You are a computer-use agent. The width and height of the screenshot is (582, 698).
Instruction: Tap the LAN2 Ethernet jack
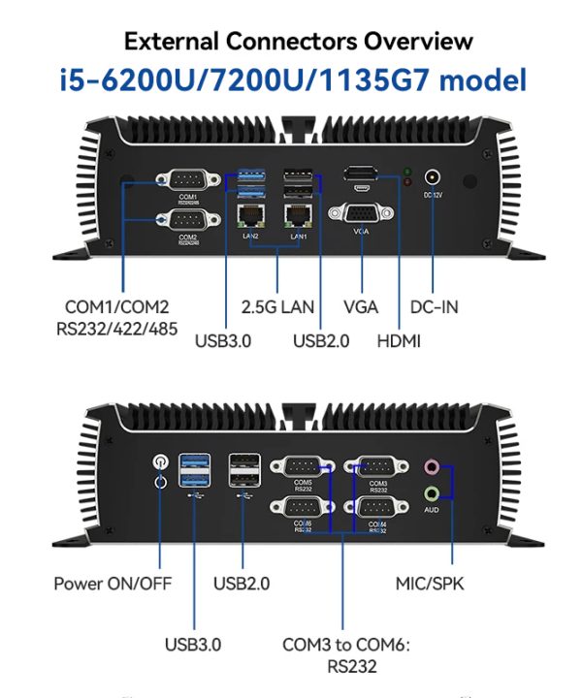tap(249, 215)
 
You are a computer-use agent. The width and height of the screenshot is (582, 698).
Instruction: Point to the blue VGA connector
tap(361, 214)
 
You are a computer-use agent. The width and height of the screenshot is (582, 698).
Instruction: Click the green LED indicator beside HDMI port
tap(407, 173)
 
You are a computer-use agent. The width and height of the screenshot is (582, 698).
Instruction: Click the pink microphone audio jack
tap(432, 467)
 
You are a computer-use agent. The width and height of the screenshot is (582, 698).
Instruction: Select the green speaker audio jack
tap(432, 492)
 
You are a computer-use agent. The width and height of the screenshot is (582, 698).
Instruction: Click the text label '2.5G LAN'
tap(277, 307)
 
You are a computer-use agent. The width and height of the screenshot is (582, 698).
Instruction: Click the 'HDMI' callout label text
tap(399, 340)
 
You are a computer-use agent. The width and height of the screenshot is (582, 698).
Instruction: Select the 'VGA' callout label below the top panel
tap(361, 307)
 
